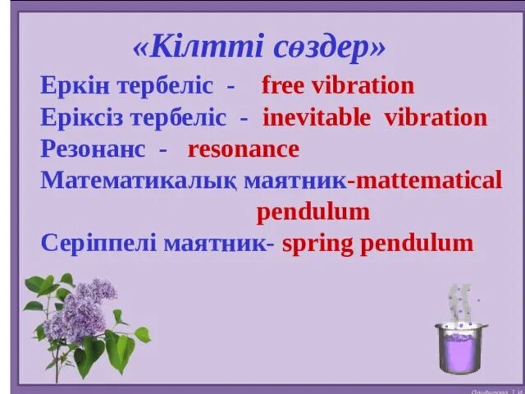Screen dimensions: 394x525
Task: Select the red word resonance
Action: point(243,149)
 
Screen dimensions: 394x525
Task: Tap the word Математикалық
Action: point(139,181)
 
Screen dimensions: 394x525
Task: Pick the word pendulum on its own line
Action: point(313,213)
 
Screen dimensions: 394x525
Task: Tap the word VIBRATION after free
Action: point(363,85)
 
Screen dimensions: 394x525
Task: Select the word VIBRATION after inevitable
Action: point(436,117)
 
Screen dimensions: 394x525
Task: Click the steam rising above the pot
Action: point(459,300)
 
